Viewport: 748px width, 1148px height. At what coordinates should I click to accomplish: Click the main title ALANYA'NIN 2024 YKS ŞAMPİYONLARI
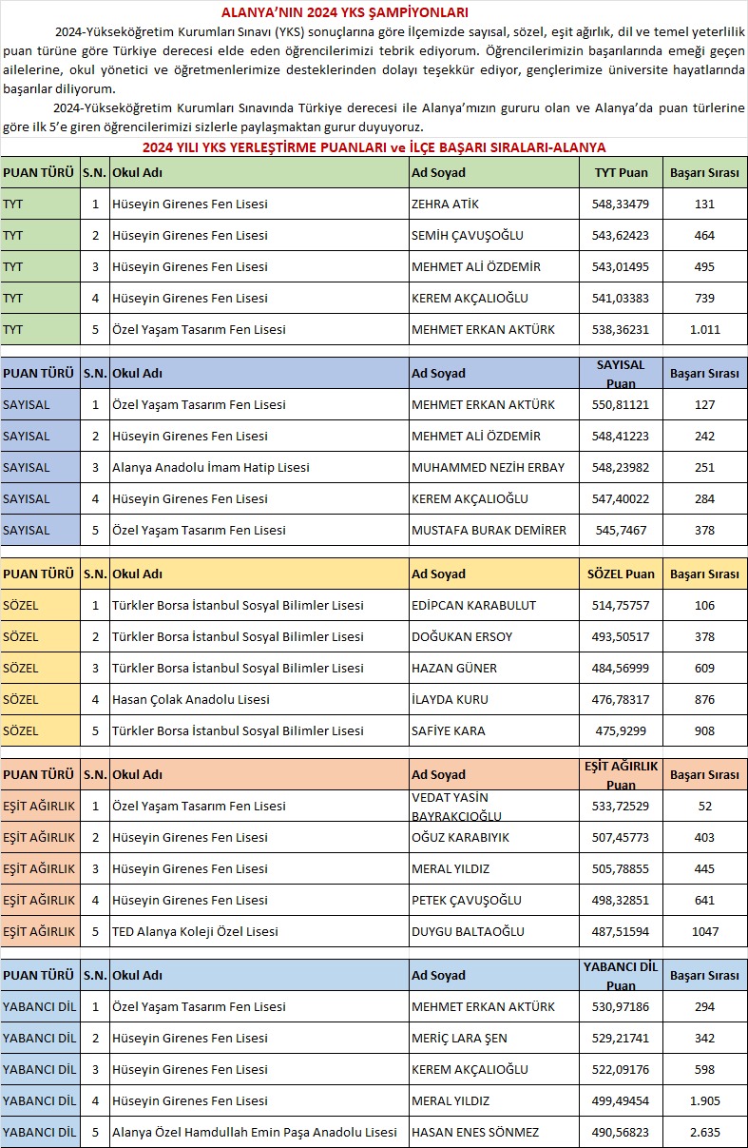(x=344, y=12)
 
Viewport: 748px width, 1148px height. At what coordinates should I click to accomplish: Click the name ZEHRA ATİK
(x=443, y=204)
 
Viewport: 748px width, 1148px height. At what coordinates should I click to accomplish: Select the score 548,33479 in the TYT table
(x=621, y=204)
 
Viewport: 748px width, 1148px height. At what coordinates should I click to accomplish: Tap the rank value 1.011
(x=704, y=330)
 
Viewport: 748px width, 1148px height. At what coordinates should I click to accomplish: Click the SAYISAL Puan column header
(x=621, y=374)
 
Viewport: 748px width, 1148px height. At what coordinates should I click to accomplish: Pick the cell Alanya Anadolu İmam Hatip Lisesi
(x=210, y=467)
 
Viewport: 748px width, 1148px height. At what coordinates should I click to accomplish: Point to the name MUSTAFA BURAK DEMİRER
(x=489, y=530)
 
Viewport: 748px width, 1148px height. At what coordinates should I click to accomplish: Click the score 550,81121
(x=621, y=404)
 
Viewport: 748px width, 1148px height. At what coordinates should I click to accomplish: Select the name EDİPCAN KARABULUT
(x=473, y=605)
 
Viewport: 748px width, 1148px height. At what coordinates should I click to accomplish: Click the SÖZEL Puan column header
(x=621, y=574)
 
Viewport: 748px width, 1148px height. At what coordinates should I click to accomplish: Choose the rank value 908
(x=704, y=730)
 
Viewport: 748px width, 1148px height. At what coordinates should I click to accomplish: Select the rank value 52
(x=704, y=806)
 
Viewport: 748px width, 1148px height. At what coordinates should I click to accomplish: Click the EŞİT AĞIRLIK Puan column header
(x=621, y=774)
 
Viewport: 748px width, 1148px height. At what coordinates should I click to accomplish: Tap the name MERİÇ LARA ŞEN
(x=459, y=1038)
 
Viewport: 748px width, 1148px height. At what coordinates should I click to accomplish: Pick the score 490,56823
(x=621, y=1132)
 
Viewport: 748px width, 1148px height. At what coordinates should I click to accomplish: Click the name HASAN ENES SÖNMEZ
(x=474, y=1132)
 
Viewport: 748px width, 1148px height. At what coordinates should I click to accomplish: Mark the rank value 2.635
(x=704, y=1132)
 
